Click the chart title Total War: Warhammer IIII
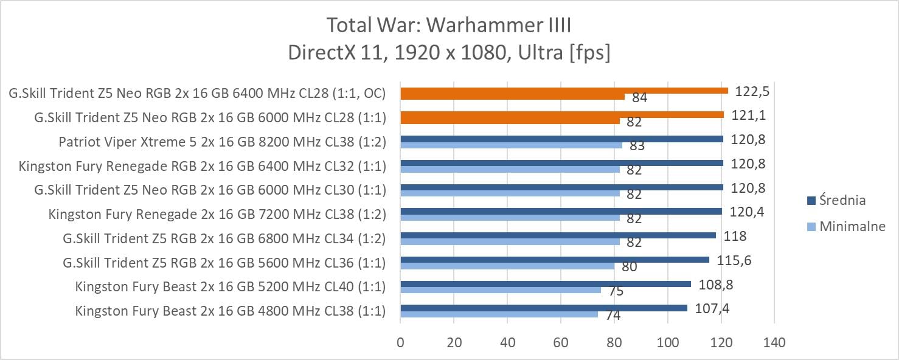449,26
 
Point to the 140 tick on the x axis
774,343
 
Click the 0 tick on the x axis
400,343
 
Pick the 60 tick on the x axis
560,343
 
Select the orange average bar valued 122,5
564,91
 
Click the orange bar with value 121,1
562,114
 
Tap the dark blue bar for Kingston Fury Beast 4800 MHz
543,308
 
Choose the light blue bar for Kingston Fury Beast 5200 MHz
500,290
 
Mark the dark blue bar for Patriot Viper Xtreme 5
561,139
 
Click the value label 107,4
712,309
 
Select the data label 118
734,236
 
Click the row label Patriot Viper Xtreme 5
222,142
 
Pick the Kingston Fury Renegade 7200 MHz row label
217,214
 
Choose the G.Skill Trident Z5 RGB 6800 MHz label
224,238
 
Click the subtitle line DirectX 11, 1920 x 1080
449,53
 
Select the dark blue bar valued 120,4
561,212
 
